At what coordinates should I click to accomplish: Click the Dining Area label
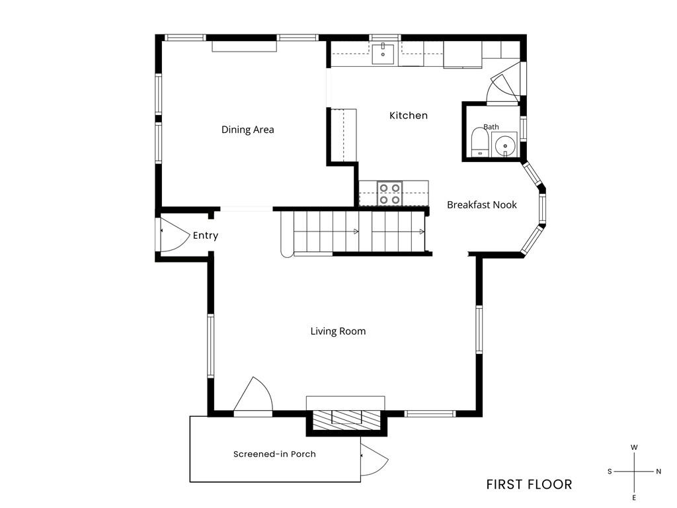click(247, 130)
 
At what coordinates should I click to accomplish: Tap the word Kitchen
click(409, 115)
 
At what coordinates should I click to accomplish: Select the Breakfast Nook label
click(481, 205)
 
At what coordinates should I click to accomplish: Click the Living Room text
click(338, 331)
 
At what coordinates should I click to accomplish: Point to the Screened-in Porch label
click(274, 454)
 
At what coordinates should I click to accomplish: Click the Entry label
click(206, 235)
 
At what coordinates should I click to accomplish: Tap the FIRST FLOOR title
click(529, 485)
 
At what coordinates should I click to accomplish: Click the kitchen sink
click(383, 54)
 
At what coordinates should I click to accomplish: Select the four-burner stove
click(390, 194)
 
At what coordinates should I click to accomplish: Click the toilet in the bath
click(480, 142)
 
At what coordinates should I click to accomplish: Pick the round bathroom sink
click(504, 146)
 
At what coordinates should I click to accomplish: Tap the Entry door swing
click(175, 235)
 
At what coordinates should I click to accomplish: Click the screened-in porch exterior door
click(374, 459)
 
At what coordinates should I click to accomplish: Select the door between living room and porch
click(253, 396)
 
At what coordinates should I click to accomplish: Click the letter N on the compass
click(658, 471)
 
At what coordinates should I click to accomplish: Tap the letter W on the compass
click(634, 448)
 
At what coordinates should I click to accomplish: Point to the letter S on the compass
click(610, 471)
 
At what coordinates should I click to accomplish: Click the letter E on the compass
click(634, 498)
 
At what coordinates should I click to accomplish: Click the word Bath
click(491, 127)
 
